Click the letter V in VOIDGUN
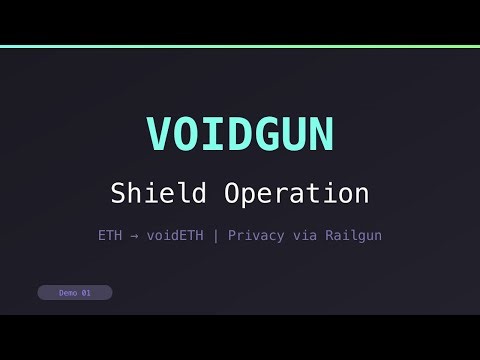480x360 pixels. tap(159, 133)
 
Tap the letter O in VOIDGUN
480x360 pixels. tap(186, 133)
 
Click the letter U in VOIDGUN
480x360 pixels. tap(294, 133)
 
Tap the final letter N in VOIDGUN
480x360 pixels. tap(321, 133)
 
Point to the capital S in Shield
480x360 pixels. tap(118, 192)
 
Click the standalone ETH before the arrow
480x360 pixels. tap(110, 236)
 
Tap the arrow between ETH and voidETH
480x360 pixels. tap(133, 236)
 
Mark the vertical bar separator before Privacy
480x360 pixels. tap(217, 236)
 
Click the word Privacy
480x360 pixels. tap(257, 236)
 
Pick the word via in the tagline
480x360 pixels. tap(304, 236)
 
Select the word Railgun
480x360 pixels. tap(351, 236)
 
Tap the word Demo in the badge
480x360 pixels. tap(68, 293)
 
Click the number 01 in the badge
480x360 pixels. tap(86, 293)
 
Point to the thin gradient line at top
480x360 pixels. tap(240, 46)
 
